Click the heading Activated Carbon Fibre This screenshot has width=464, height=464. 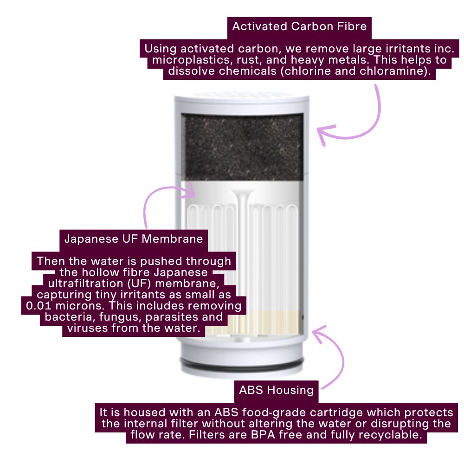tap(299, 26)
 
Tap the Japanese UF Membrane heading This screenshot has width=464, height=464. tap(134, 239)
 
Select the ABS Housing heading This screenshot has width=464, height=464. tap(276, 390)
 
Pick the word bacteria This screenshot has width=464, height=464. tap(64, 317)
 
